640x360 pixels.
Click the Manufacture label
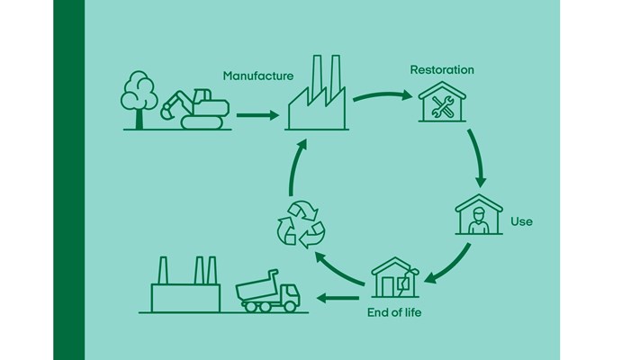click(258, 76)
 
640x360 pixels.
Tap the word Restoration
click(442, 70)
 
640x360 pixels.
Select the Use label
click(521, 221)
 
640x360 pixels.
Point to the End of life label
click(394, 312)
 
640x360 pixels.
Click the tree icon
click(139, 100)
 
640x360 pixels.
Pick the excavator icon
click(194, 109)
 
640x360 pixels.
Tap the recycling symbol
click(301, 224)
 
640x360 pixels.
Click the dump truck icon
click(267, 292)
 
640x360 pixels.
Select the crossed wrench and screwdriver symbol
click(442, 107)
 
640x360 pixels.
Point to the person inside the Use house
click(478, 220)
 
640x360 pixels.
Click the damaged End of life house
click(395, 277)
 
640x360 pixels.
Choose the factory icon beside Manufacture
click(317, 93)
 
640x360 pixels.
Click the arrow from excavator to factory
click(257, 115)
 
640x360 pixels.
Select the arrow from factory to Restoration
click(383, 95)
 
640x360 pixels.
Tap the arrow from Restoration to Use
click(477, 158)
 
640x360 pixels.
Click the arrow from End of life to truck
click(338, 298)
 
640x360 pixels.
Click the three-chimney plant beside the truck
click(185, 285)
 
